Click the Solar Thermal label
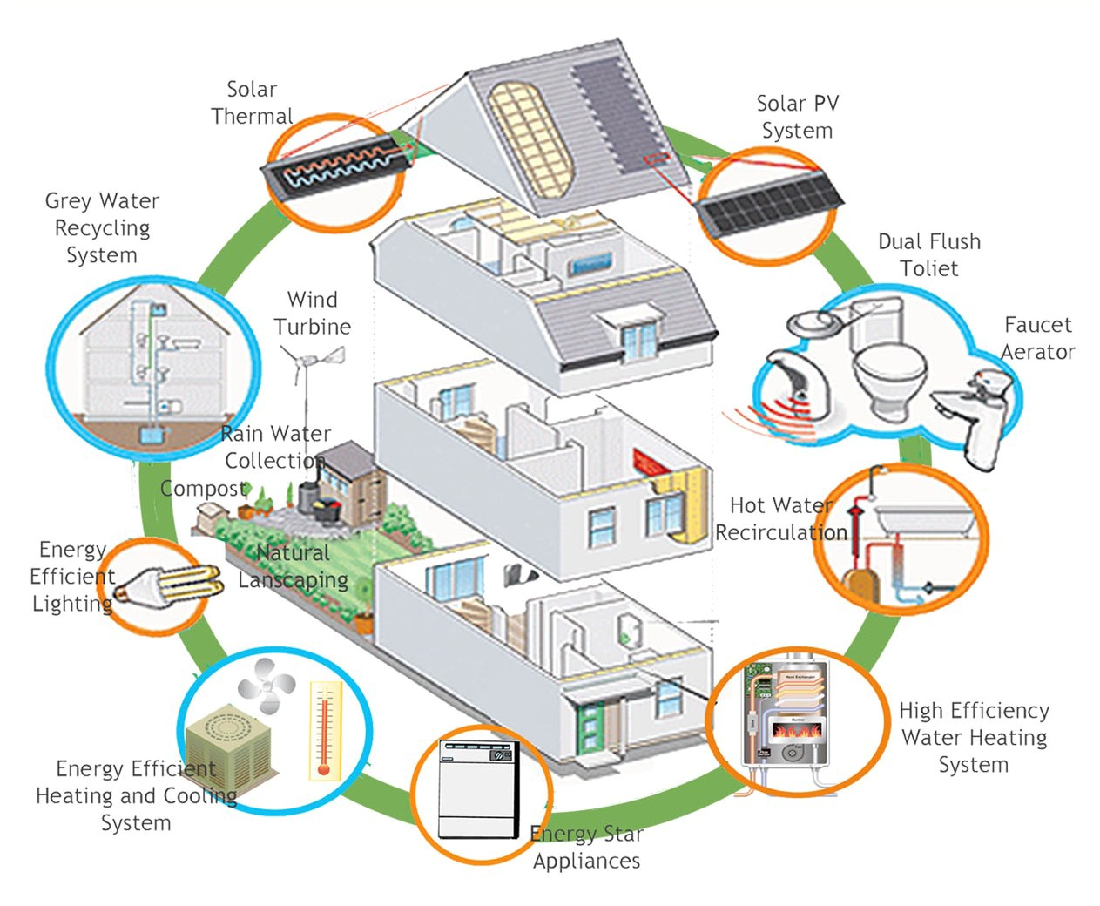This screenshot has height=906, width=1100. click(x=252, y=103)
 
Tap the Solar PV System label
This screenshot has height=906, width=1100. click(x=797, y=117)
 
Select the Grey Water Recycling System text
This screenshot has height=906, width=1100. click(x=102, y=227)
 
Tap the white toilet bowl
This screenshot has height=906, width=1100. click(x=888, y=375)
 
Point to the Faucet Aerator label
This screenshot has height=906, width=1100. click(x=1037, y=338)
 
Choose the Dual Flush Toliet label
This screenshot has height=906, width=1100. click(x=928, y=254)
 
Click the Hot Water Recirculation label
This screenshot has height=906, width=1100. click(x=780, y=518)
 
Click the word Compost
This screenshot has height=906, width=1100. click(x=204, y=489)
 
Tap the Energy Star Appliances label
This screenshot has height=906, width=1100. click(x=587, y=847)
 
